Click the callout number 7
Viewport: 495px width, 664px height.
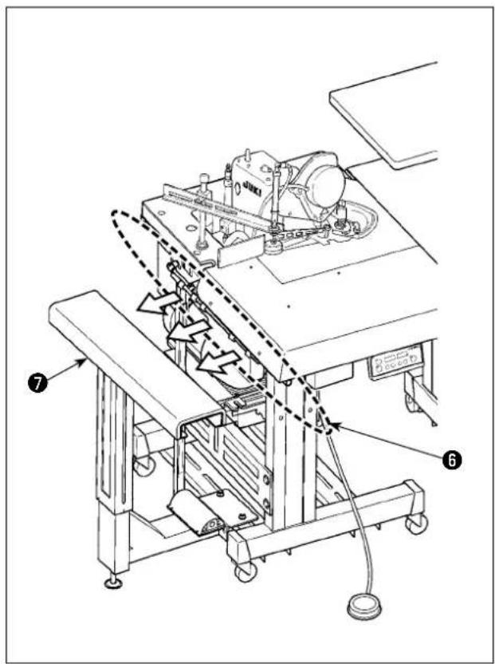(x=38, y=384)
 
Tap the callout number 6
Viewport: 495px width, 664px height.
(x=451, y=459)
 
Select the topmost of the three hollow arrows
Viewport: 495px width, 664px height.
(x=158, y=302)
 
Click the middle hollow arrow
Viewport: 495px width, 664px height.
(x=189, y=330)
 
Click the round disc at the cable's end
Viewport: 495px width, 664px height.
(x=363, y=607)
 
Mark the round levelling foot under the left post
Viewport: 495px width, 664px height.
(x=113, y=583)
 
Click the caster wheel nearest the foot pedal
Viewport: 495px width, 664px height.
(x=246, y=571)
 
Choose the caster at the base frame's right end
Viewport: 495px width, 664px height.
(x=417, y=523)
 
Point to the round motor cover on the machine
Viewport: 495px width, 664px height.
(x=326, y=181)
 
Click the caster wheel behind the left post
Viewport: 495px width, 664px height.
(x=143, y=464)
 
